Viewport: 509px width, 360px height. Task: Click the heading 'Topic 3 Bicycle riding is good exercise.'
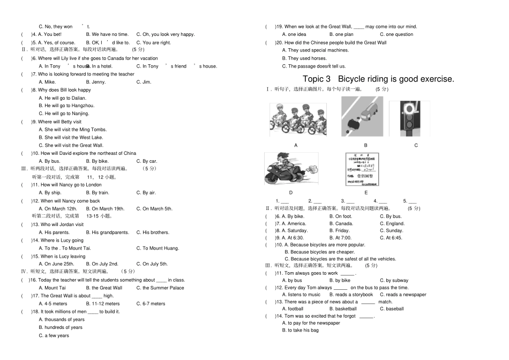pos(378,79)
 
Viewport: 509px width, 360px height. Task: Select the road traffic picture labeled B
pos(362,117)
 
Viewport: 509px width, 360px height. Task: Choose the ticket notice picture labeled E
pos(363,169)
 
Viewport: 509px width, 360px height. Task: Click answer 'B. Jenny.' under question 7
pos(99,82)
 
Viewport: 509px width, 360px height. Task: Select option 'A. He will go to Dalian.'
pos(62,98)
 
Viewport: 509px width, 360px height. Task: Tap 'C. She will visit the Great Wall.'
pos(71,145)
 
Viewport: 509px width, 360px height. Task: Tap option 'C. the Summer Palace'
pos(160,288)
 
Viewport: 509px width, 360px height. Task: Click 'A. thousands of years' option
pos(62,320)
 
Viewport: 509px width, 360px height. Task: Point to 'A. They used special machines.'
pos(315,50)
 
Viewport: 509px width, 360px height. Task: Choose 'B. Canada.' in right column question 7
pos(341,223)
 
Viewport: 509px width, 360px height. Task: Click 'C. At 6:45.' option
pos(392,238)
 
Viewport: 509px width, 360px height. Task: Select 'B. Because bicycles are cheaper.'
pos(319,252)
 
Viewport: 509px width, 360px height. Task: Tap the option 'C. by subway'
pos(394,280)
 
